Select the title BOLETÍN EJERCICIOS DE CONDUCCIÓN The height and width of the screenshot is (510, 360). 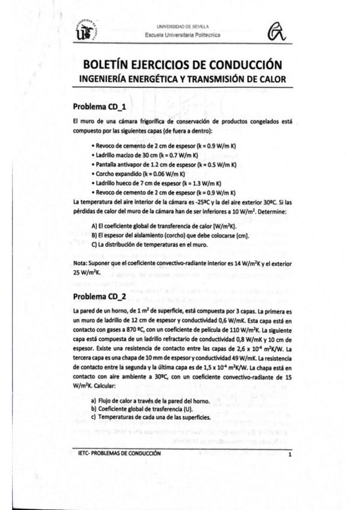(183, 65)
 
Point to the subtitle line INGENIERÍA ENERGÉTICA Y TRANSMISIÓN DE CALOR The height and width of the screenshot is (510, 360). (183, 79)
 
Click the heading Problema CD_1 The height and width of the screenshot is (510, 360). (99, 106)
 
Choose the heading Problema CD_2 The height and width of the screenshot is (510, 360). (99, 296)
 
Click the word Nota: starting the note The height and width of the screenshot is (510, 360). (80, 263)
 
